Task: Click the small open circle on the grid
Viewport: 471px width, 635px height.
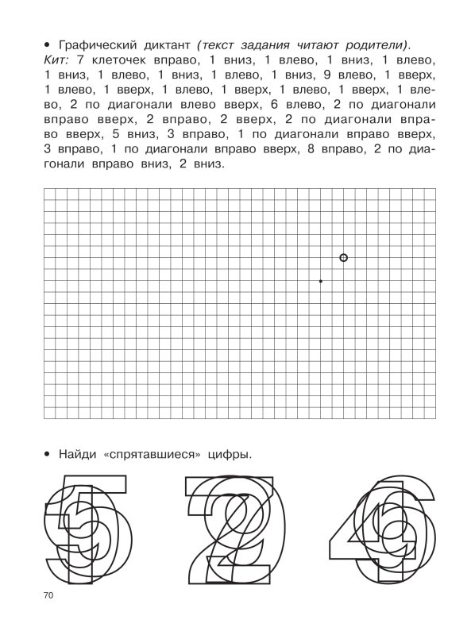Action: [343, 257]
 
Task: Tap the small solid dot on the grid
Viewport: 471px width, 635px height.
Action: [320, 281]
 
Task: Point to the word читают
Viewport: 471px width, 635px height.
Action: [316, 43]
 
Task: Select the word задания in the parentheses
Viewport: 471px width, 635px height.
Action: [261, 43]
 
